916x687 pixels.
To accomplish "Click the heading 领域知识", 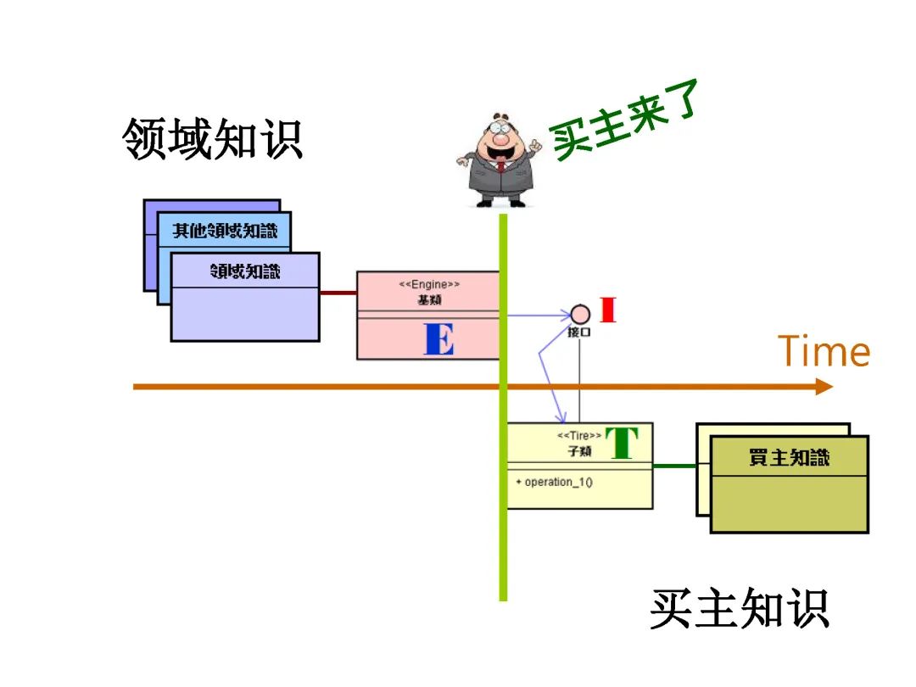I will pyautogui.click(x=213, y=138).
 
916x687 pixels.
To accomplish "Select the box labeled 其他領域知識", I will pyautogui.click(x=226, y=231).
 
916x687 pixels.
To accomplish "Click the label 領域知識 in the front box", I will pyautogui.click(x=245, y=271).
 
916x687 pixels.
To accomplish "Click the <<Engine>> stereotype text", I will pyautogui.click(x=429, y=285).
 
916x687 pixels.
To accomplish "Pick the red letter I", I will pyautogui.click(x=607, y=310).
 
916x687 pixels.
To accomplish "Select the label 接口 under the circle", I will pyautogui.click(x=579, y=333).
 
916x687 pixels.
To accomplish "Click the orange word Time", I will pyautogui.click(x=824, y=351).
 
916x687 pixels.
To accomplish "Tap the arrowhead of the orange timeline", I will pyautogui.click(x=824, y=387).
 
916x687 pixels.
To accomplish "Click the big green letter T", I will pyautogui.click(x=621, y=443).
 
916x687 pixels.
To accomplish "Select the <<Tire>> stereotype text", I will pyautogui.click(x=578, y=436).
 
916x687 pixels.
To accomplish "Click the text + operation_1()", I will pyautogui.click(x=554, y=483).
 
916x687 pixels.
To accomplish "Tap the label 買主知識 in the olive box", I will pyautogui.click(x=789, y=458).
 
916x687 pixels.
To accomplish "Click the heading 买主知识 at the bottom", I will pyautogui.click(x=739, y=608).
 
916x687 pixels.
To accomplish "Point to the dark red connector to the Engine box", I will pyautogui.click(x=338, y=293).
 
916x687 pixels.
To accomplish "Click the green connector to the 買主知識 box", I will pyautogui.click(x=674, y=466).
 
